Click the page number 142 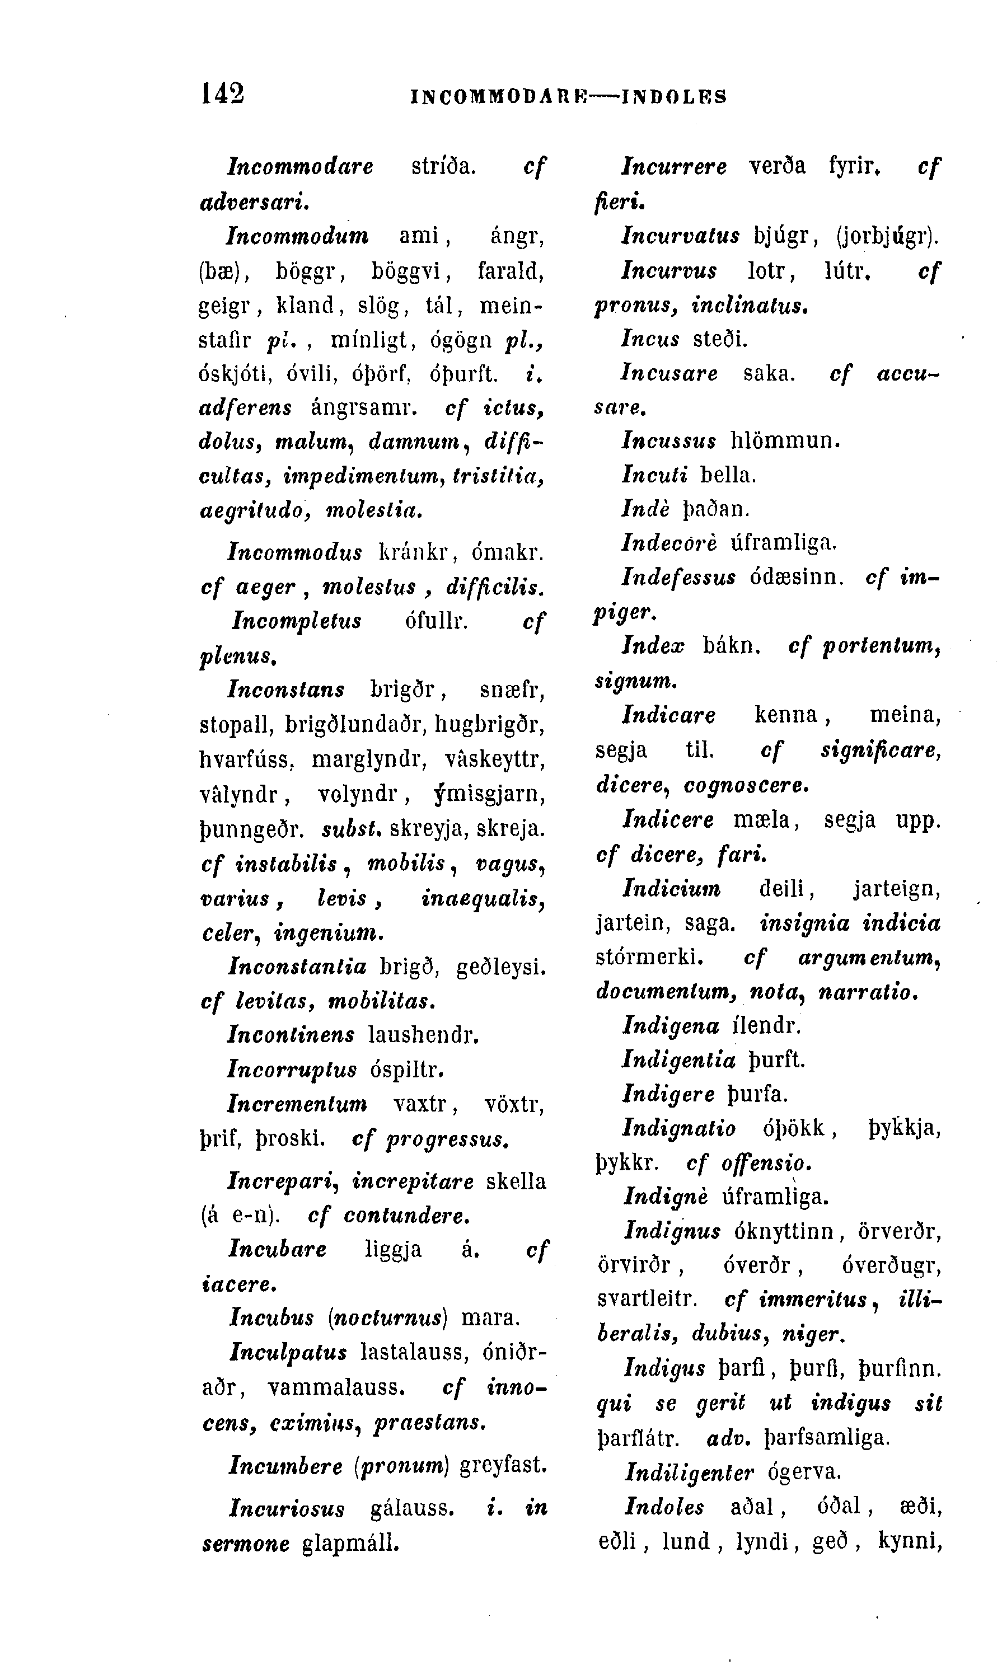pyautogui.click(x=222, y=94)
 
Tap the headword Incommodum pyautogui.click(x=298, y=236)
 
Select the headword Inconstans pyautogui.click(x=286, y=690)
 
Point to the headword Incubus pyautogui.click(x=271, y=1317)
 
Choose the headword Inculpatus pyautogui.click(x=288, y=1352)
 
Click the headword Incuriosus pyautogui.click(x=287, y=1508)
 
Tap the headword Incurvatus pyautogui.click(x=681, y=236)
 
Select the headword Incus pyautogui.click(x=650, y=338)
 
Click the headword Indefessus pyautogui.click(x=678, y=577)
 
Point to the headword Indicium pyautogui.click(x=671, y=888)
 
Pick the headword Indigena pyautogui.click(x=671, y=1026)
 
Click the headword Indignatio pyautogui.click(x=678, y=1128)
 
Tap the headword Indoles pyautogui.click(x=664, y=1507)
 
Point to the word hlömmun pyautogui.click(x=785, y=441)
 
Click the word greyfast pyautogui.click(x=503, y=1465)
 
